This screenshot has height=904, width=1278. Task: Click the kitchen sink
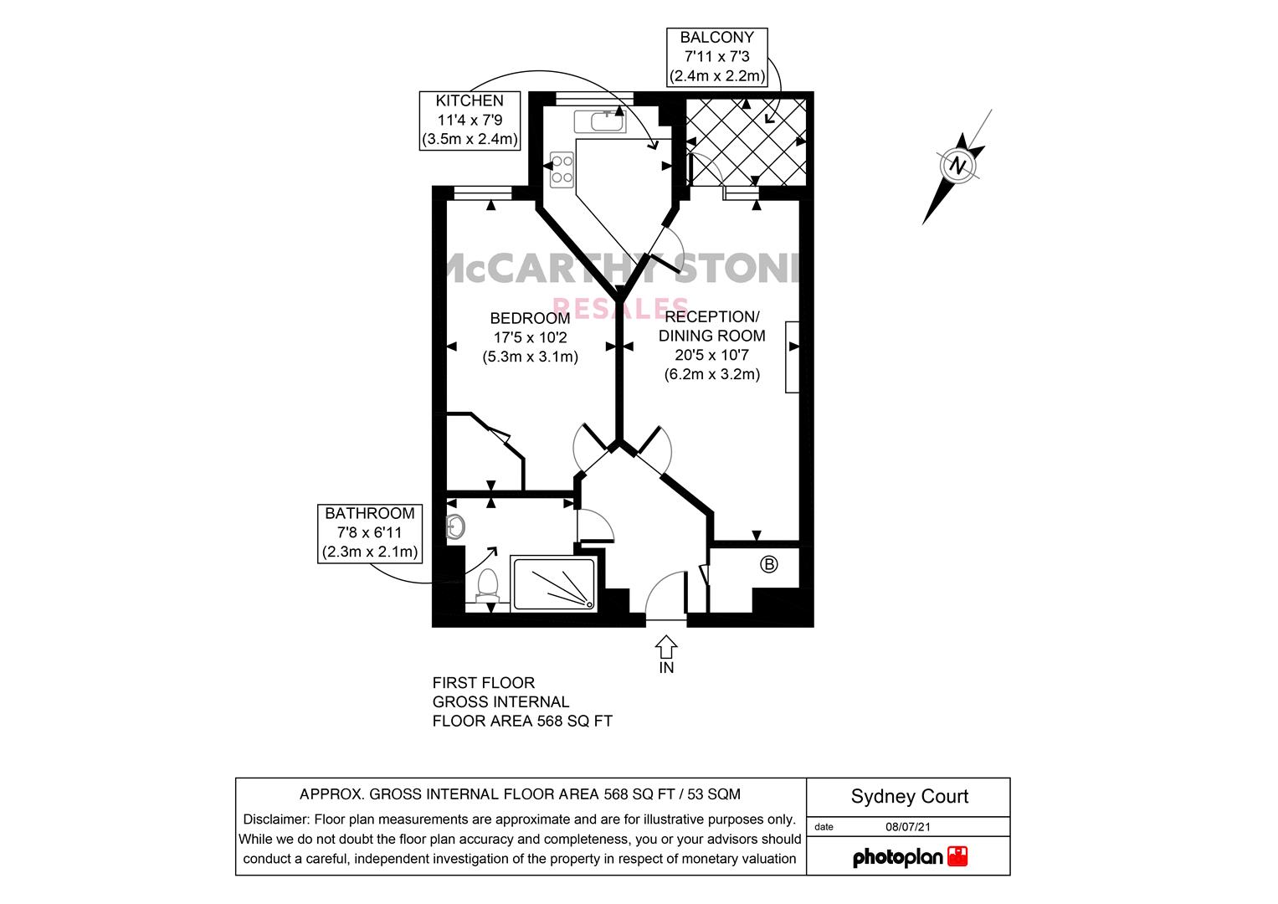[599, 121]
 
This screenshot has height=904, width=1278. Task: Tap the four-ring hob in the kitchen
[562, 169]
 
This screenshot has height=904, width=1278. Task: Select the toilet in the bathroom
[487, 587]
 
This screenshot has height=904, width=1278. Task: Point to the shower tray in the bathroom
[554, 584]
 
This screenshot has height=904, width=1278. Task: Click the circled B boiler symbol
[768, 564]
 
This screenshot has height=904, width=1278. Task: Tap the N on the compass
[958, 166]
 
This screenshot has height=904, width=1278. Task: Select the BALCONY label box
[717, 57]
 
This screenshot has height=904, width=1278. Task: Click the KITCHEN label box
[470, 121]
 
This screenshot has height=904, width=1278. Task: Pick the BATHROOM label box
[370, 534]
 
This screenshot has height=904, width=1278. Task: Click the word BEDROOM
[530, 318]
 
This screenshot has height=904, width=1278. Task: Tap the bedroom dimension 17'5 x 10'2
[530, 337]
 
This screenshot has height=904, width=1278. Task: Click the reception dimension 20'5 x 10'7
[711, 355]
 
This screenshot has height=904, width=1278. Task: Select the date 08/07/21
[908, 826]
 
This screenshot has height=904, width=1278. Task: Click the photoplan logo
[910, 856]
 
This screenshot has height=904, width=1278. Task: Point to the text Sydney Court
[910, 796]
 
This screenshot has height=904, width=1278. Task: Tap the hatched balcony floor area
[746, 142]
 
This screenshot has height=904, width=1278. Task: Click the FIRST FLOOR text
[483, 682]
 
